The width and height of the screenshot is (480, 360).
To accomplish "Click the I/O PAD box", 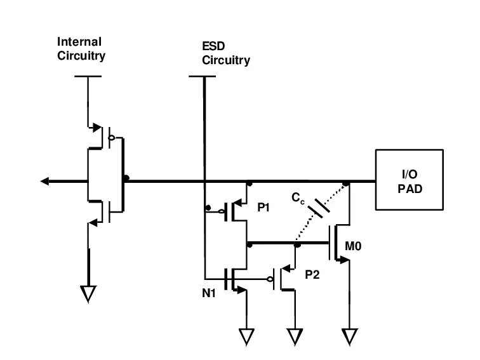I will [409, 180].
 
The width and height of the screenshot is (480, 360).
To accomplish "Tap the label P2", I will [313, 274].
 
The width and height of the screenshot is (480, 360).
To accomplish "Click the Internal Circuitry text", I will [80, 48].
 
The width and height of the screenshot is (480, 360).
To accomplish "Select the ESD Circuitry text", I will [225, 55].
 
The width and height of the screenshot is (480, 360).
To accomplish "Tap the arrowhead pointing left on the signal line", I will [45, 181].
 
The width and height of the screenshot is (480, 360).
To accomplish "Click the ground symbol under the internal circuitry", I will [88, 293].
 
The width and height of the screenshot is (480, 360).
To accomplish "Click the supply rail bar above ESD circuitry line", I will [204, 77].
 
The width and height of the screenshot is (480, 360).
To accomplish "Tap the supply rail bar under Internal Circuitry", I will [88, 77].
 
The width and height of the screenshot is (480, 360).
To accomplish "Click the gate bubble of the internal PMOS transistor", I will [112, 136].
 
